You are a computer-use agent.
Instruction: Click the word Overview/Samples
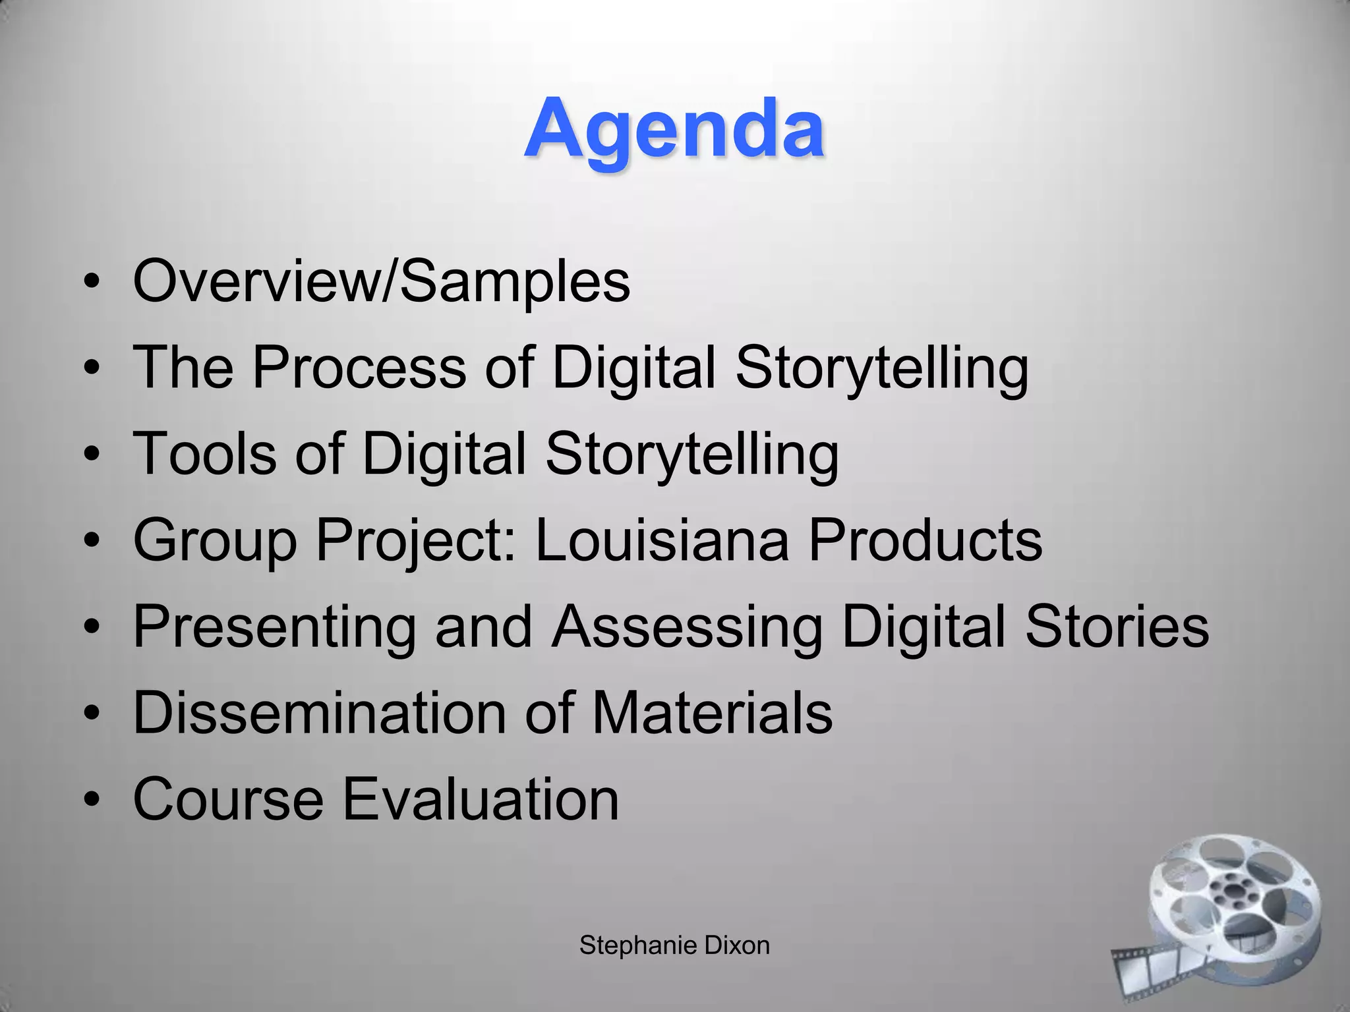[382, 281]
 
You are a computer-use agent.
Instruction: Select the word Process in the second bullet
[359, 367]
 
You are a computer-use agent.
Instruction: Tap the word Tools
[205, 453]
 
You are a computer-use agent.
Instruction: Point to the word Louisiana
[662, 540]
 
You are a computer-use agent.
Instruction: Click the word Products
[925, 540]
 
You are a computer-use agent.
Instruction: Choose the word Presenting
[274, 627]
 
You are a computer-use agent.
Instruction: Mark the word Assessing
[688, 627]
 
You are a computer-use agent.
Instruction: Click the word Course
[228, 799]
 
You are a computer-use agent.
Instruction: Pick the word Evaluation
[481, 799]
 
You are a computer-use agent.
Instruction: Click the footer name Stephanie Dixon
[674, 945]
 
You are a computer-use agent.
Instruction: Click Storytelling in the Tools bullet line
[692, 455]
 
